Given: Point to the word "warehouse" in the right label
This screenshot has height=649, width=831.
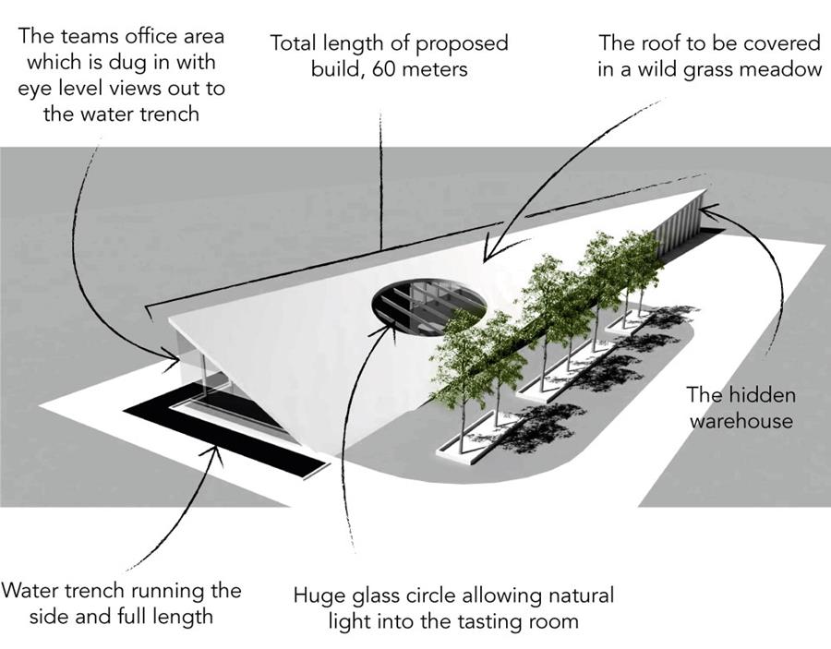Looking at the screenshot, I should pyautogui.click(x=740, y=420).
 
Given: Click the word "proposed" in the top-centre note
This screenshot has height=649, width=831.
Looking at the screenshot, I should pyautogui.click(x=459, y=43).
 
